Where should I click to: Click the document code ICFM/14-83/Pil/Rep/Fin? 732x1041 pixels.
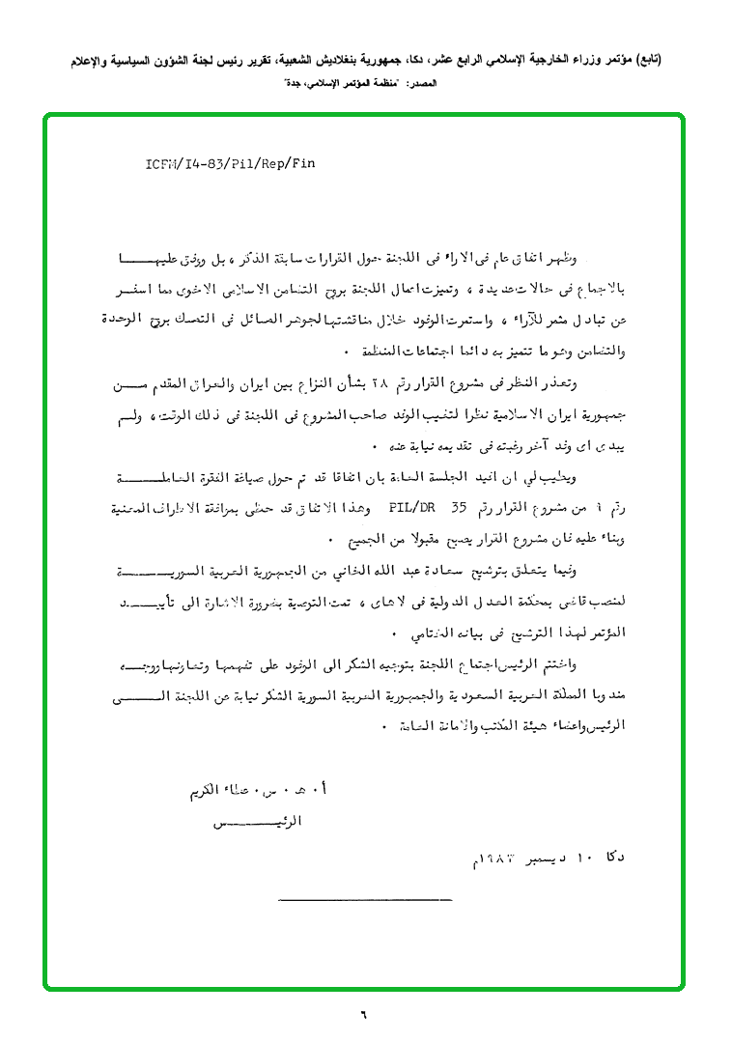[x=230, y=163]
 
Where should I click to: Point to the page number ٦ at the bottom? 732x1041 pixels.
[x=365, y=1015]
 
